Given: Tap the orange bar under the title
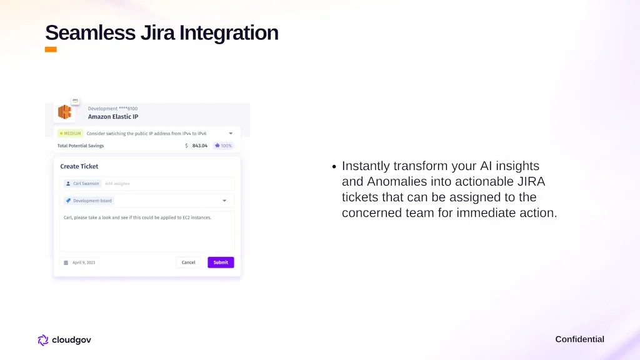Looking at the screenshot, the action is point(51,49).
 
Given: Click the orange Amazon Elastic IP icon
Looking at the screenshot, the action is point(64,112).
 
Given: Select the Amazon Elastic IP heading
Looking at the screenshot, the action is point(113,117).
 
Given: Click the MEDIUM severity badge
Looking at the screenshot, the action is point(70,134).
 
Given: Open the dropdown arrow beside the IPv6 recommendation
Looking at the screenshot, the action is point(231,134).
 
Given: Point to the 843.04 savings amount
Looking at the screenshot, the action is point(199,146).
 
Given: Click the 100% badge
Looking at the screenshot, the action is point(223,146).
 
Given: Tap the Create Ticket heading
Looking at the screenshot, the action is point(79,166).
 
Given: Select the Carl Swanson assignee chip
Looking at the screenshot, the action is point(82,184).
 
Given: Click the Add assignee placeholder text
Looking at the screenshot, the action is point(117,184).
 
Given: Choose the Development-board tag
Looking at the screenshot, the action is point(89,201).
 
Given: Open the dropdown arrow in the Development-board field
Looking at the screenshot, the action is point(224,201).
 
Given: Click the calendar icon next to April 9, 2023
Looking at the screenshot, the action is point(66,263).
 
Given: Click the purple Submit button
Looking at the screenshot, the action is point(221,262).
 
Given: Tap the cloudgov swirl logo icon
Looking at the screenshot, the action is point(43,340).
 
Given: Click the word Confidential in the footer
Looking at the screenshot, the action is point(579,339).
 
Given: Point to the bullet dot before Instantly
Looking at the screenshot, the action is point(334,166).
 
